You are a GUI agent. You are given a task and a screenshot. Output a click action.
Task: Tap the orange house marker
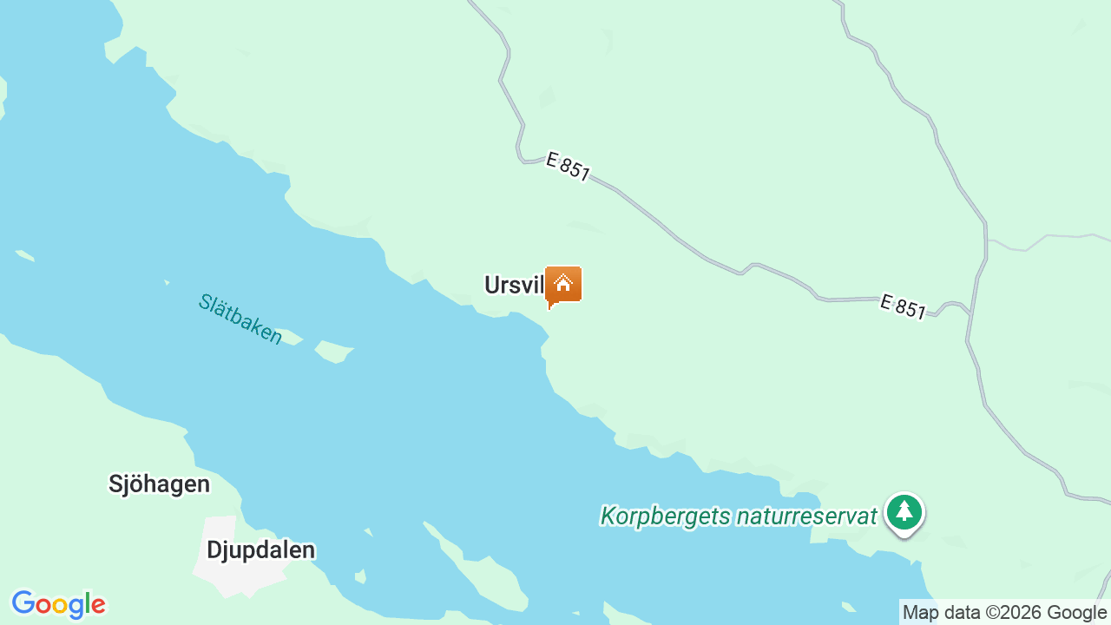pos(563,285)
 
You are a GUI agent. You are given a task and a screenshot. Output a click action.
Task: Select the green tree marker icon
pos(904,512)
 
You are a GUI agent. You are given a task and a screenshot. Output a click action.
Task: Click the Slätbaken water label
pos(240,319)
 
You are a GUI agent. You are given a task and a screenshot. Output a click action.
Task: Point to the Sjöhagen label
pos(159,484)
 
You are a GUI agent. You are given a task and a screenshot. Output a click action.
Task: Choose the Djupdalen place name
pos(260,549)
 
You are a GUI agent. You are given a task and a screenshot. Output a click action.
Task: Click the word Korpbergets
pos(665,516)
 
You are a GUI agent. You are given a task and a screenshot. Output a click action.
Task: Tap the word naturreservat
pos(806,516)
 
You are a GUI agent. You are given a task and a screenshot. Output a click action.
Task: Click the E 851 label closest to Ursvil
pos(569,167)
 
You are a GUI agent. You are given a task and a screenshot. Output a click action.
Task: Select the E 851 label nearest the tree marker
pos(903,306)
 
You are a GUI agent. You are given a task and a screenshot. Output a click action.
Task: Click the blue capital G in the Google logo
pos(23,603)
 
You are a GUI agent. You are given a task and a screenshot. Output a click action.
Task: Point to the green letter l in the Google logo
pos(87,603)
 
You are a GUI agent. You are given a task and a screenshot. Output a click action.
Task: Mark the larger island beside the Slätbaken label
pos(334,351)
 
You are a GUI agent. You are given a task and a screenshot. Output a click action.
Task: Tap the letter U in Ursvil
pos(492,285)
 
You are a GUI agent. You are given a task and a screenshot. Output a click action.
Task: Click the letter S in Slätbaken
pos(205,301)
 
